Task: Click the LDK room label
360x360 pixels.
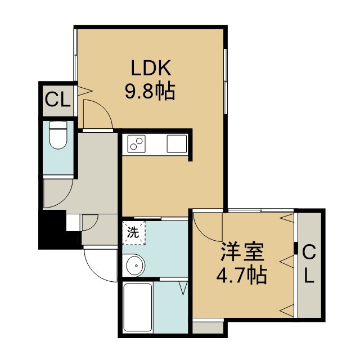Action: pos(151,67)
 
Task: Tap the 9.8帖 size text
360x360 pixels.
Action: pos(150,91)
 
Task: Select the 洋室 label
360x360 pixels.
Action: pos(242,253)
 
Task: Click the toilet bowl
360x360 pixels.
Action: pos(58,138)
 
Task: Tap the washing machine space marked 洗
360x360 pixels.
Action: pos(133,233)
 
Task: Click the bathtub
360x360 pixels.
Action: pos(137,308)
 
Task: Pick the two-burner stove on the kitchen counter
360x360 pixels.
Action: pos(137,144)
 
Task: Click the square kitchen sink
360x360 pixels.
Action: pos(177,144)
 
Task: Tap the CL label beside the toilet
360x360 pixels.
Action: pos(57,100)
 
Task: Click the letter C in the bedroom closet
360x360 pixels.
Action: pos(309,252)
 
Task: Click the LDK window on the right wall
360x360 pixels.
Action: pos(226,81)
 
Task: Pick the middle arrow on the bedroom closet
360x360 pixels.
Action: pos(287,262)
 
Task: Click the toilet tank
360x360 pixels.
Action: pos(58,125)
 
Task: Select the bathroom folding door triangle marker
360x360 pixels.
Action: pos(183,289)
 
